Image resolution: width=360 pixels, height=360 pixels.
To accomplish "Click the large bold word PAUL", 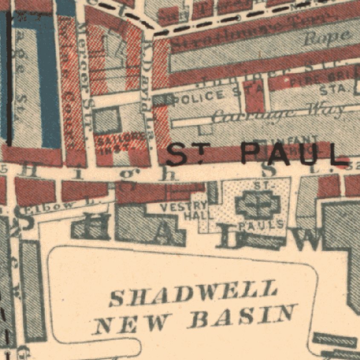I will coord(294,154).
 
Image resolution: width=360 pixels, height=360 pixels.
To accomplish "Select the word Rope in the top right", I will coord(326,38).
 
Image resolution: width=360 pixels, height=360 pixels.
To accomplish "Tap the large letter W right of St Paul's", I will coord(310,240).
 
